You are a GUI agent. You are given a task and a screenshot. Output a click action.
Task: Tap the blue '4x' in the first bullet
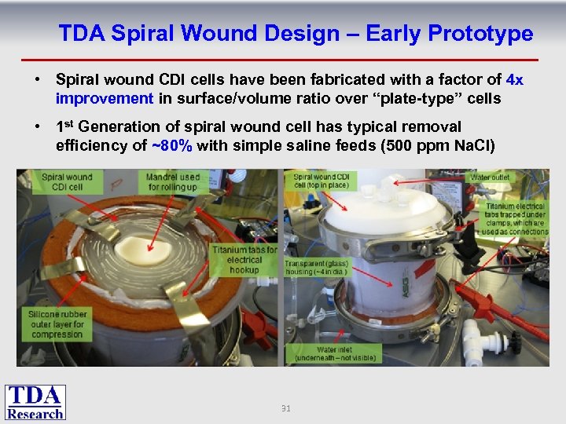515,80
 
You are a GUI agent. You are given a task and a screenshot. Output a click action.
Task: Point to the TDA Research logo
35,402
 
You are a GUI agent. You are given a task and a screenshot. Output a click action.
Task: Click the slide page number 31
285,408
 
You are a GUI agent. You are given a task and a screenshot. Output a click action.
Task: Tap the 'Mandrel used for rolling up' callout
173,182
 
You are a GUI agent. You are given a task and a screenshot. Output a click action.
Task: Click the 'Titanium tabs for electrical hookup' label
244,260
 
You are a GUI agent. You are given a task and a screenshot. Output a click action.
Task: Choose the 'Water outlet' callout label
490,178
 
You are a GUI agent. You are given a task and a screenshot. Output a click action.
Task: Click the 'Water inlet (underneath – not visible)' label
335,354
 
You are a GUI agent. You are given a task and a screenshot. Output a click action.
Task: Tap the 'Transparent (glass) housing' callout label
317,268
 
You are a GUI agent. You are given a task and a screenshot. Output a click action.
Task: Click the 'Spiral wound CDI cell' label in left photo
67,182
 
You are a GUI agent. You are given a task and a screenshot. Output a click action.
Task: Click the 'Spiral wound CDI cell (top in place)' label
322,182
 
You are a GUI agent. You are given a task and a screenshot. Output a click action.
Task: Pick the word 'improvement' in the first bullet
105,98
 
